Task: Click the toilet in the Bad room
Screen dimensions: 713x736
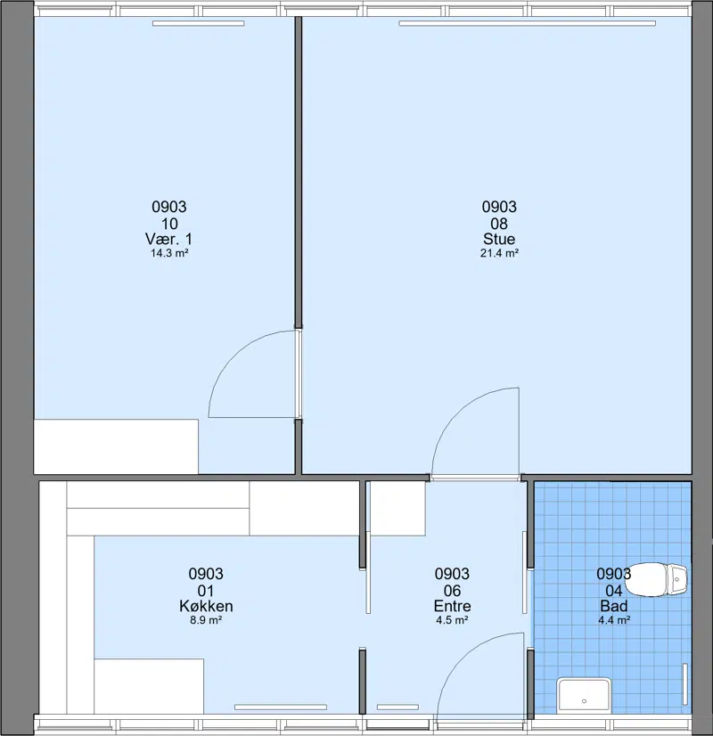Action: point(656,580)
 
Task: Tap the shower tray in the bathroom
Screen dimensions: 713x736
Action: point(584,696)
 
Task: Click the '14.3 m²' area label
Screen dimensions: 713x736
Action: point(169,253)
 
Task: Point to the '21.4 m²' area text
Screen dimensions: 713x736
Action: point(499,253)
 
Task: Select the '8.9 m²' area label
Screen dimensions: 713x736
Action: point(206,620)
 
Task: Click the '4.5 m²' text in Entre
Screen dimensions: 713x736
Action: point(452,620)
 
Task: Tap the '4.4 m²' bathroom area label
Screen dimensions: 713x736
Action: point(614,620)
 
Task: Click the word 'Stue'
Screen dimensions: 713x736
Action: point(499,239)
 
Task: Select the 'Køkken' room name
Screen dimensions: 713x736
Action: point(206,606)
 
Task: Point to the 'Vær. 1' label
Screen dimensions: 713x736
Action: point(169,239)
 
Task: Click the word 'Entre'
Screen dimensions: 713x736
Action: point(452,606)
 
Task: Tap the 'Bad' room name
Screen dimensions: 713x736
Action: point(613,606)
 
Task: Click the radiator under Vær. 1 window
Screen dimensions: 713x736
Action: point(198,23)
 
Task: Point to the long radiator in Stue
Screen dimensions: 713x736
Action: point(527,23)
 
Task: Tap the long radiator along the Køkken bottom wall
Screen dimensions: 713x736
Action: point(281,707)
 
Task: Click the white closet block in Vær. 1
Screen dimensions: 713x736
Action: point(116,446)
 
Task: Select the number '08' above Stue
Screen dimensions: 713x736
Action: point(499,224)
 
